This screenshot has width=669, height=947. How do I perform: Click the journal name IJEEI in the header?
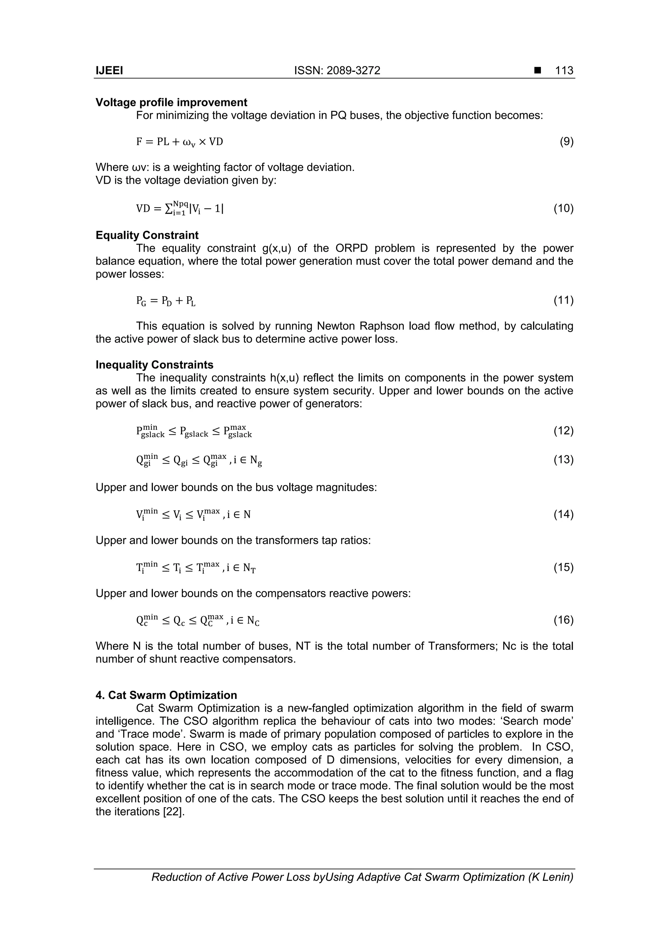[109, 71]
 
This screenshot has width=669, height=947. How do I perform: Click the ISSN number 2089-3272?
[353, 71]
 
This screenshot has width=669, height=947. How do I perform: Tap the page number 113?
[564, 71]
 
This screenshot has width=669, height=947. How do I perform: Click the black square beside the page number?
[537, 71]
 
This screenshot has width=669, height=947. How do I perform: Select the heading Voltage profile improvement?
[171, 102]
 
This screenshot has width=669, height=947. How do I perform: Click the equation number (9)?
[566, 142]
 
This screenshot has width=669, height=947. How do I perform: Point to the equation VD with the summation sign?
[180, 208]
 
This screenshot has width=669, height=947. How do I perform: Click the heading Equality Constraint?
[147, 235]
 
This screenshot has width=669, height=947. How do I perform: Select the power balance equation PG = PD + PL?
[166, 301]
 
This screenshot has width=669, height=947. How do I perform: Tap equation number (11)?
[563, 300]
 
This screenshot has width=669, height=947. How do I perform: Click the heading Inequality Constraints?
[155, 364]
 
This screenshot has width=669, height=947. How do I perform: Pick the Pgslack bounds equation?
[194, 431]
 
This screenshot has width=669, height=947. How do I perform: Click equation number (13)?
[563, 460]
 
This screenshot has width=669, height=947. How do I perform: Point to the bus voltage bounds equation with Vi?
[193, 514]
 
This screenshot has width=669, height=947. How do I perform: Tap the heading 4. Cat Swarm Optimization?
[166, 695]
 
